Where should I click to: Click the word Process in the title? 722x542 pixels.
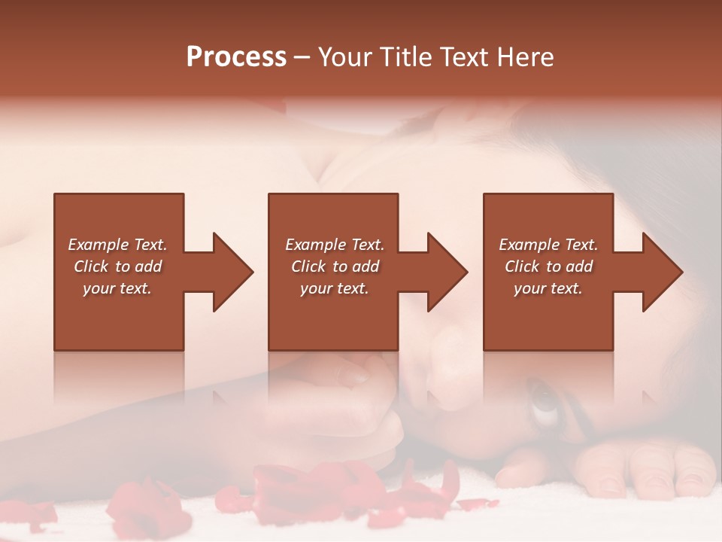click(x=236, y=57)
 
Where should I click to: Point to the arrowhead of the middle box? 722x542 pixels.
click(x=447, y=272)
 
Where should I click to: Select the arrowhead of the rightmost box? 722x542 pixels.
click(x=661, y=272)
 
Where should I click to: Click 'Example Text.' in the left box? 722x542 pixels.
click(x=117, y=245)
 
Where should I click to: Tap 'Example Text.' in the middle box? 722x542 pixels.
click(x=334, y=245)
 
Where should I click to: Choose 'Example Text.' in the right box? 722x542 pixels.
click(x=548, y=245)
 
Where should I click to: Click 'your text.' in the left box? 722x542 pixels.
click(x=117, y=288)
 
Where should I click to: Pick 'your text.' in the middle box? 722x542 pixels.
click(x=334, y=288)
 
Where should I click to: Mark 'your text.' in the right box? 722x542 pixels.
click(x=548, y=288)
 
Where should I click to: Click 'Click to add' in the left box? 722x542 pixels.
click(x=117, y=266)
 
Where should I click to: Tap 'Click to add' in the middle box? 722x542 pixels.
click(x=334, y=266)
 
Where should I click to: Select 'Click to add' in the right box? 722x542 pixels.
click(x=548, y=266)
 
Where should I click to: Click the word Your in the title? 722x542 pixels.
click(x=343, y=57)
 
